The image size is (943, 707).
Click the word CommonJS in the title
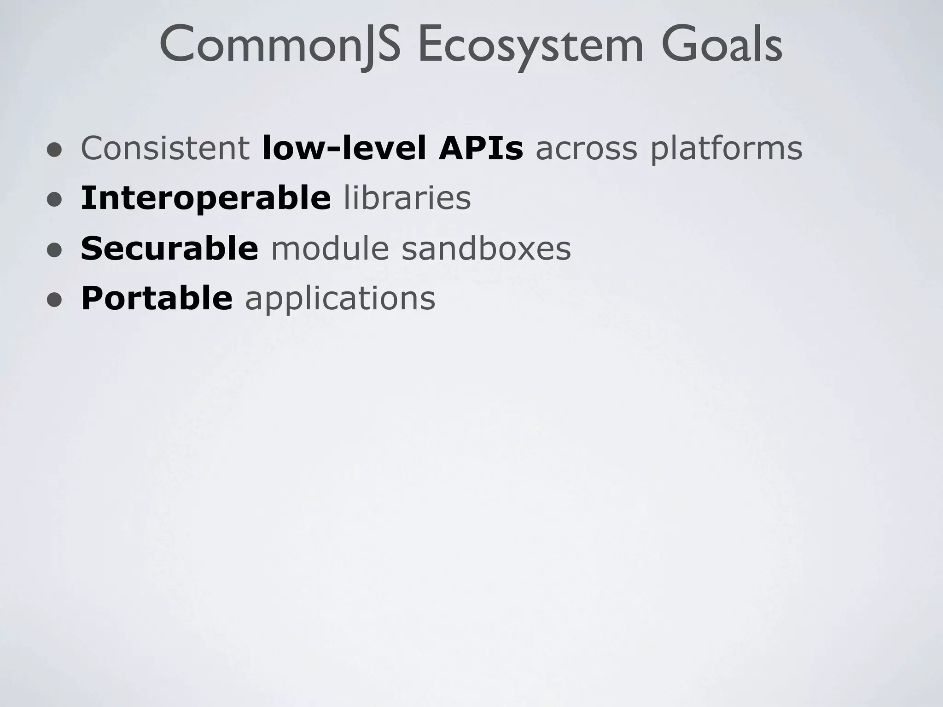tap(280, 45)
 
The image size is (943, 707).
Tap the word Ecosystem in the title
tap(530, 45)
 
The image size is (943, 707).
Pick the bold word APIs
tap(481, 148)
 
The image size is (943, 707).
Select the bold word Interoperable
tap(205, 198)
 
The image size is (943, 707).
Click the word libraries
tap(407, 198)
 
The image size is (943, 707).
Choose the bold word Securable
tap(169, 248)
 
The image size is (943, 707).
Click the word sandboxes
tap(486, 248)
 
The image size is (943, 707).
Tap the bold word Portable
tap(157, 298)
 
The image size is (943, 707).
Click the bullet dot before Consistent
tap(54, 150)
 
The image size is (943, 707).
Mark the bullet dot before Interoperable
tap(54, 200)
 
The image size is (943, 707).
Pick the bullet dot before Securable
tap(54, 250)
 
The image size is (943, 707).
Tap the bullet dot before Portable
tap(54, 300)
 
